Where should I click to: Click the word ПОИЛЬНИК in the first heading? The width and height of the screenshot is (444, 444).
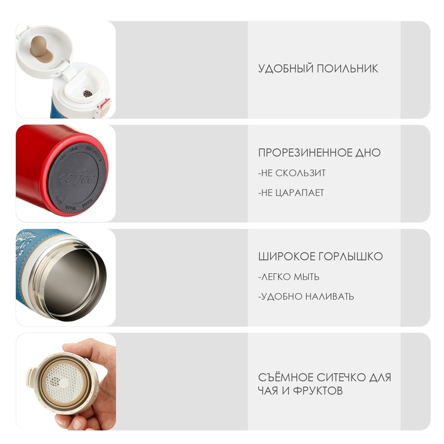pos(347,69)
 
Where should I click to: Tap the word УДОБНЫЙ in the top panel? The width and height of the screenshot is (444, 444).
pos(285,69)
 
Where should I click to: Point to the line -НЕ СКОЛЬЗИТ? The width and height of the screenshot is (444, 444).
pos(292,173)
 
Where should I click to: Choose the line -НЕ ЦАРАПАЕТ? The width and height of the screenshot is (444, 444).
pos(291,193)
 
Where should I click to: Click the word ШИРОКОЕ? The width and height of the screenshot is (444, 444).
pos(287,256)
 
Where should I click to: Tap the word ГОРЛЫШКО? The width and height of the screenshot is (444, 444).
pos(351,256)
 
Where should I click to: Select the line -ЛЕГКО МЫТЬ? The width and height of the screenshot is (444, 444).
pos(289,277)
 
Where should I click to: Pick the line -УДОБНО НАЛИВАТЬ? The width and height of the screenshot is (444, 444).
pos(306,296)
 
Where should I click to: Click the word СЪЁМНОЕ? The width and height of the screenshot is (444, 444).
pos(285,377)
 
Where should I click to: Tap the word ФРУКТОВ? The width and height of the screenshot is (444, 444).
pos(318,391)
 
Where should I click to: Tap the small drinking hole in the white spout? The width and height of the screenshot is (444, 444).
pos(88,93)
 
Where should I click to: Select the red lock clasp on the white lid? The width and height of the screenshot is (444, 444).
pos(104,105)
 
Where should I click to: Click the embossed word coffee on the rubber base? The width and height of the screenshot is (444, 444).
pos(77,178)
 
